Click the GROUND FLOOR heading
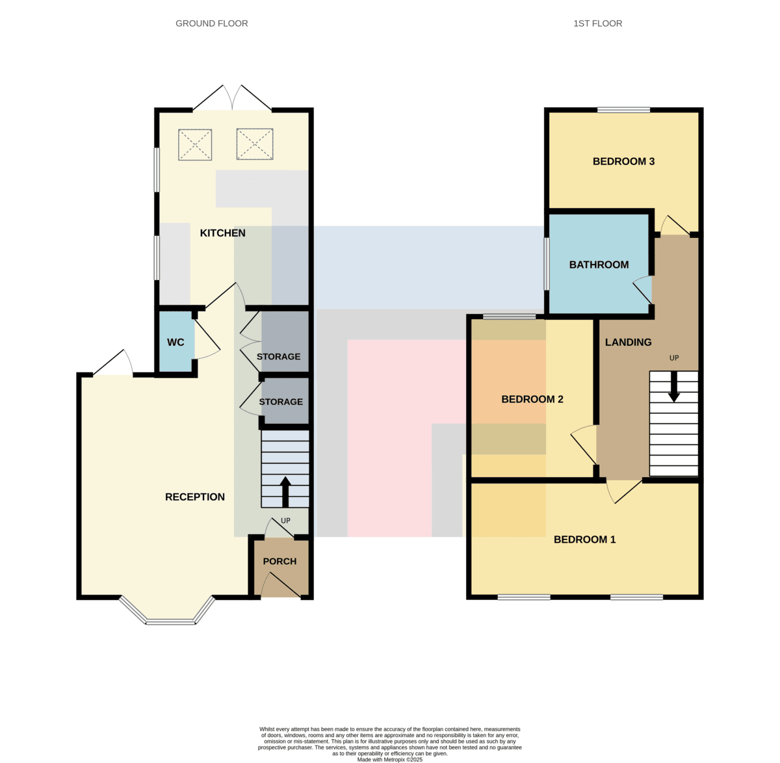point(212,23)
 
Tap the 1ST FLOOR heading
point(597,23)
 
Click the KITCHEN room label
point(222,233)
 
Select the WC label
point(175,343)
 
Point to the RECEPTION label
point(195,497)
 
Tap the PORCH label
point(279,562)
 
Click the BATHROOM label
point(599,265)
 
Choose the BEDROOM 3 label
point(623,161)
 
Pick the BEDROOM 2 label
point(532,399)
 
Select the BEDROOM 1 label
point(584,539)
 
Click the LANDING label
point(628,343)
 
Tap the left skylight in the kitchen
point(195,145)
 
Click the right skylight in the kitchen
point(255,144)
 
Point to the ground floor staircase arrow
point(285,492)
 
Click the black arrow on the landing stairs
point(674,387)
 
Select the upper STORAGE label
point(279,357)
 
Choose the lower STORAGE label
point(281,402)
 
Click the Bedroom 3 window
point(623,110)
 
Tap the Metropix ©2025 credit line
point(389,759)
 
